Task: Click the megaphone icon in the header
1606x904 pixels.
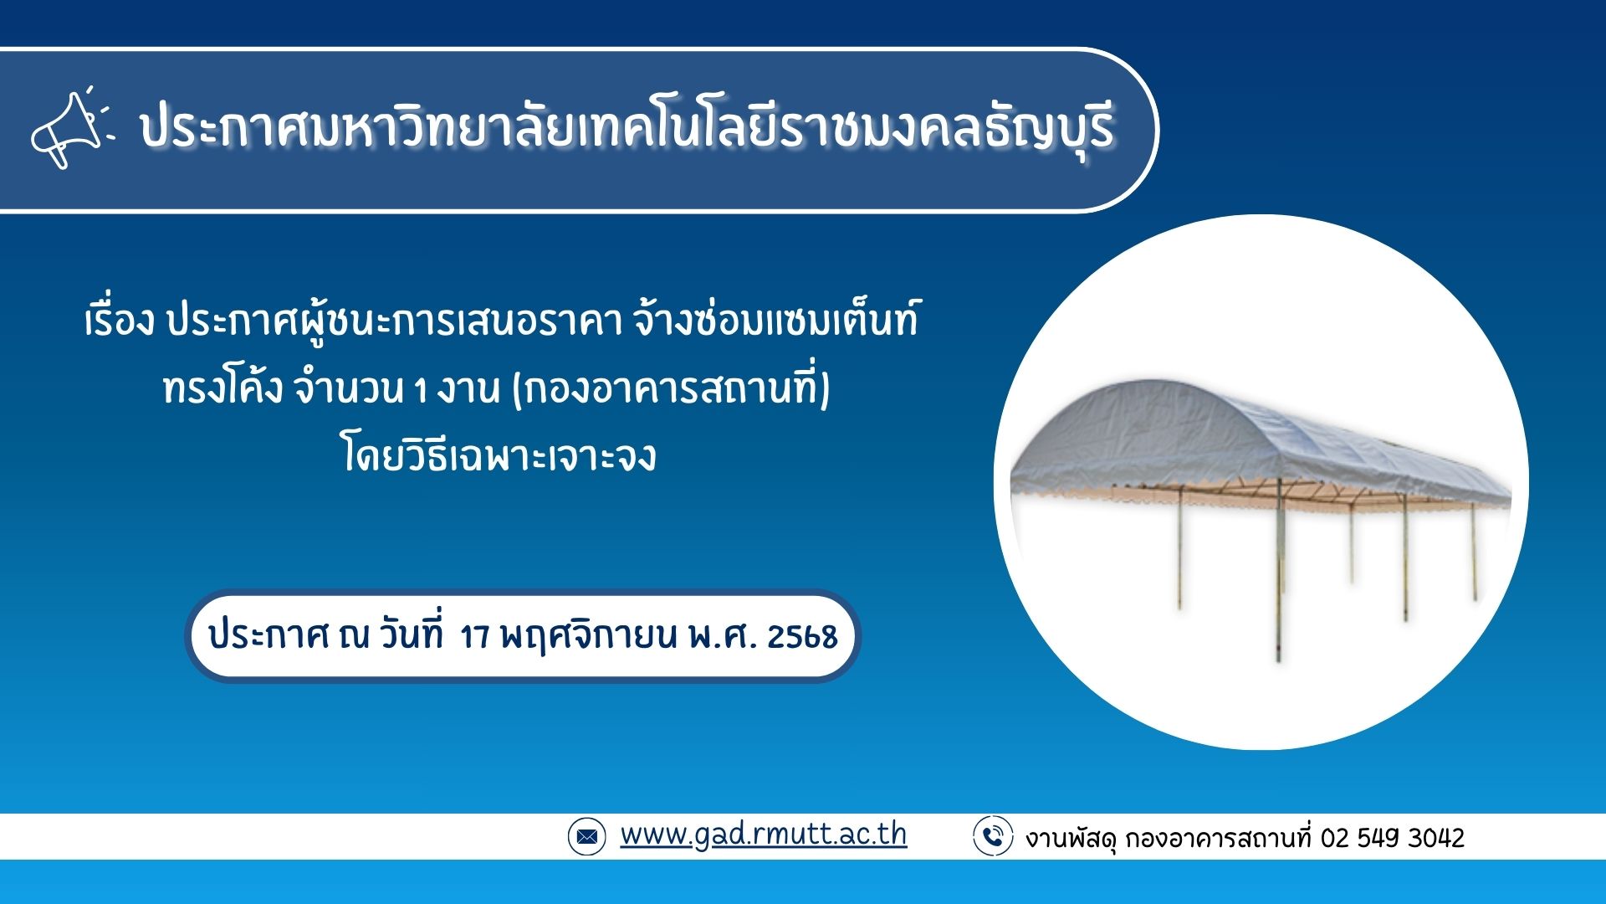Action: click(x=71, y=130)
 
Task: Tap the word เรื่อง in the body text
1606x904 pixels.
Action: click(x=120, y=321)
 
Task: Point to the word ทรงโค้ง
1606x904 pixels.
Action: click(x=223, y=389)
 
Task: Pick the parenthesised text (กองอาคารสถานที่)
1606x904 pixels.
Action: click(x=671, y=390)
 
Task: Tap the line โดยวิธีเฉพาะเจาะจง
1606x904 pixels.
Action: click(x=499, y=457)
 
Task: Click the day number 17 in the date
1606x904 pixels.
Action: click(x=474, y=638)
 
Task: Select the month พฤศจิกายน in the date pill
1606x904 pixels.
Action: click(x=588, y=638)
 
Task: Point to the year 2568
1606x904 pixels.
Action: click(x=802, y=638)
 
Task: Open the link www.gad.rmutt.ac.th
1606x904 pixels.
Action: click(x=763, y=835)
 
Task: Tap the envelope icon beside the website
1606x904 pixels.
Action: click(x=586, y=836)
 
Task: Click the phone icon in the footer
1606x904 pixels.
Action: click(x=993, y=836)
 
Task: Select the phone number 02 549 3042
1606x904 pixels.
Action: click(x=1393, y=838)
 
